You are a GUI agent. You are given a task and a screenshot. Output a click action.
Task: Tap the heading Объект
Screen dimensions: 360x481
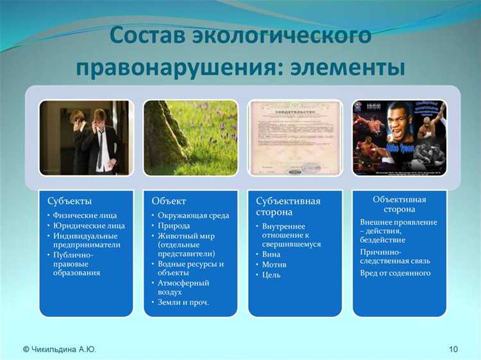click(169, 201)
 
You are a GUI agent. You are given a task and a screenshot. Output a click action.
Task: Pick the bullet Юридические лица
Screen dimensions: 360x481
click(89, 225)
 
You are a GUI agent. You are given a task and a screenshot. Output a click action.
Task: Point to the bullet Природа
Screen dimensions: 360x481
click(174, 225)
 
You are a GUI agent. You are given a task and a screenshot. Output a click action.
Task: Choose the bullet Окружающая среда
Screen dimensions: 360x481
click(194, 215)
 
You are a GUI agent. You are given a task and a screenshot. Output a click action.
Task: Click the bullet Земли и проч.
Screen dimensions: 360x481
click(183, 302)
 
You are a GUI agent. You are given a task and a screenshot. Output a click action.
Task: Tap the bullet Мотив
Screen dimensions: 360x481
click(274, 264)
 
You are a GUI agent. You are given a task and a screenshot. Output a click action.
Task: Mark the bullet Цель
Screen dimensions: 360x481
click(273, 275)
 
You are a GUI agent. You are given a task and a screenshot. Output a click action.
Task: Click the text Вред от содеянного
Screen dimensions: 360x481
click(395, 273)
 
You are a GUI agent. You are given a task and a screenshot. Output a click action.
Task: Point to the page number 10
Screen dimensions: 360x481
click(453, 349)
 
